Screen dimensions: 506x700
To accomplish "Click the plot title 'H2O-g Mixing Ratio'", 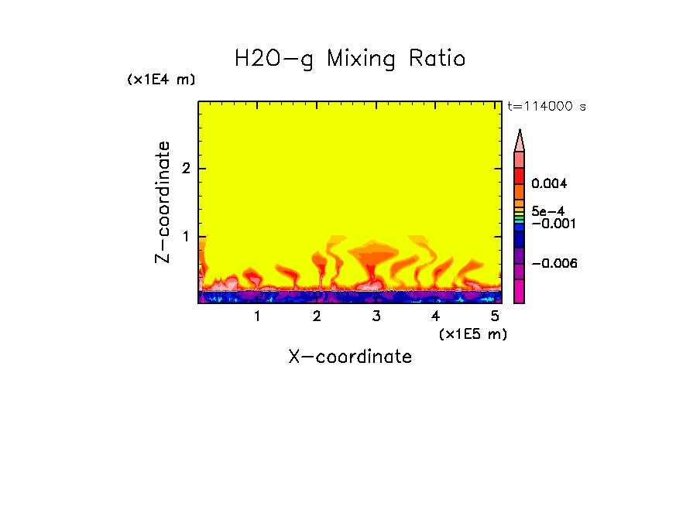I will (x=350, y=59).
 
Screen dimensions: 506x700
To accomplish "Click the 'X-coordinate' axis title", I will (x=350, y=357).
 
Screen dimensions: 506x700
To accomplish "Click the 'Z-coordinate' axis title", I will (x=163, y=202).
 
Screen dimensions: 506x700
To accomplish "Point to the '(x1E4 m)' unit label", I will (x=161, y=80).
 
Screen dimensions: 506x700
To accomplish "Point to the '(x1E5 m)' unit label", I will (x=472, y=333).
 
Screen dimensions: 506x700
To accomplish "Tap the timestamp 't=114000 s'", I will (x=546, y=107).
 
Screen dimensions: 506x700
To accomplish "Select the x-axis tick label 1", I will (x=257, y=316).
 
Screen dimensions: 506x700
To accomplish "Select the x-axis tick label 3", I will (x=376, y=316).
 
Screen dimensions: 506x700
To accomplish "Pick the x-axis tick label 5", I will (x=495, y=316).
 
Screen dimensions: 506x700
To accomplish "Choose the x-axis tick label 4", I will (x=435, y=316).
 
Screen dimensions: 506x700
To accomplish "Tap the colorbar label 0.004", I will (x=550, y=184).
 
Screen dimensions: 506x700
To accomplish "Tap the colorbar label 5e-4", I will (x=547, y=210).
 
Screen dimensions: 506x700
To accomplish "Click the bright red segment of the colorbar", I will (x=520, y=176).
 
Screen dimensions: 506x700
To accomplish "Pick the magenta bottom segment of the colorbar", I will (x=520, y=291).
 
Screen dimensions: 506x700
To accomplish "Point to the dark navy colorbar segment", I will (x=520, y=240).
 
